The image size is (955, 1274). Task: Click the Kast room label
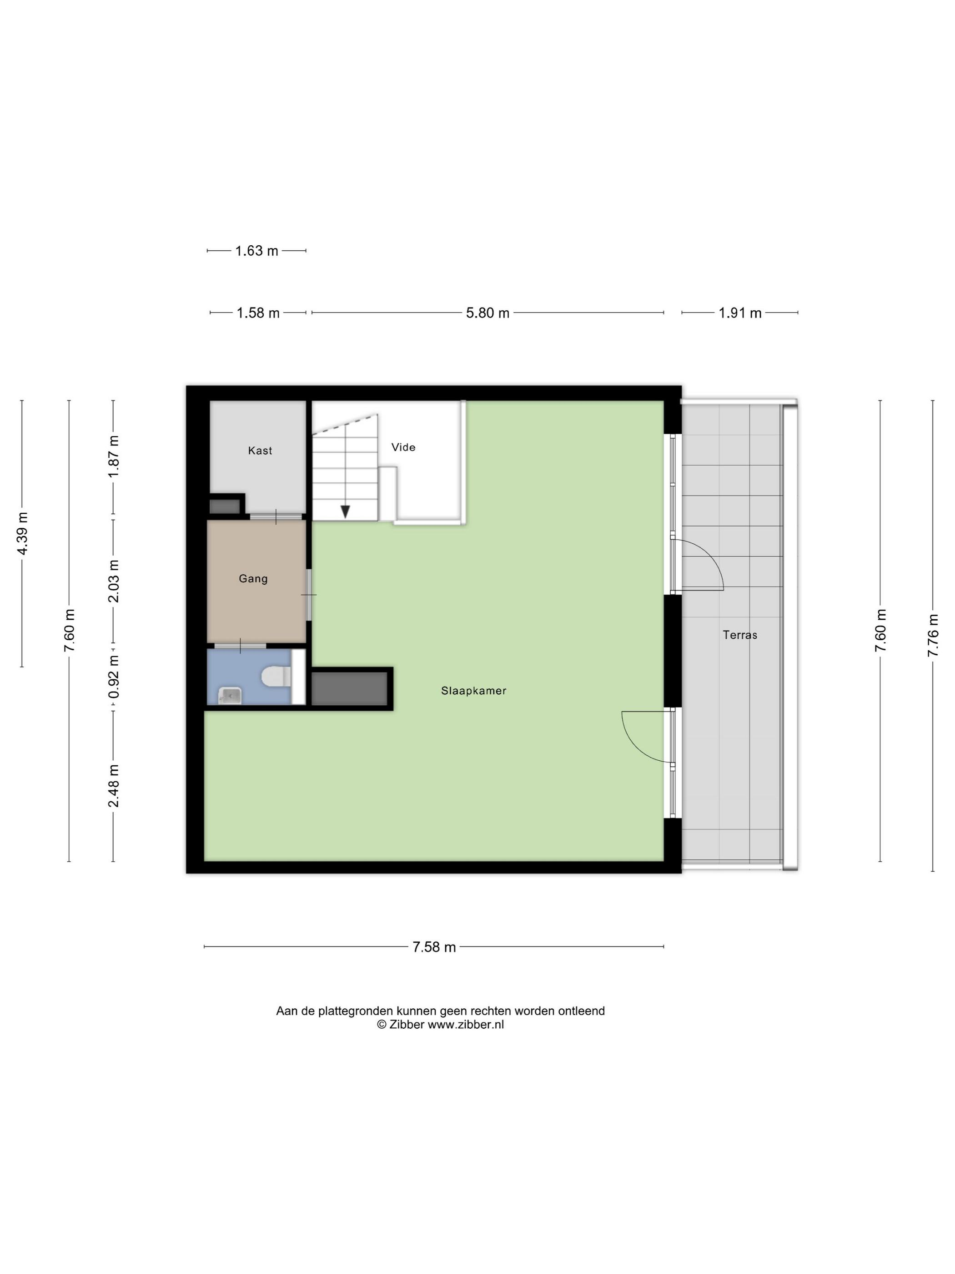[260, 450]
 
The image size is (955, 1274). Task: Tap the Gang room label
[253, 578]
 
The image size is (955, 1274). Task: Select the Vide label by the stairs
[403, 447]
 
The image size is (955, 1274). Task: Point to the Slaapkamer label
[474, 691]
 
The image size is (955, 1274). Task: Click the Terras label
[740, 635]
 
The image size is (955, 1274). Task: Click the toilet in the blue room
[276, 677]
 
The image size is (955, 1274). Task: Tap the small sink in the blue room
[230, 696]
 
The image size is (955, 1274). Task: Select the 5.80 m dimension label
[488, 313]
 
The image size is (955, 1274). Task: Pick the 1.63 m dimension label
[257, 251]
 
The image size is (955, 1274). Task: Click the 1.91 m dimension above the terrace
[740, 313]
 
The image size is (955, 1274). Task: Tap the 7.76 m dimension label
[933, 635]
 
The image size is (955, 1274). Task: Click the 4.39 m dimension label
[22, 533]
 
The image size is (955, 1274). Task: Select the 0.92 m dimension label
[113, 677]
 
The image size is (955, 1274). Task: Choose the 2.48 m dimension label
[113, 786]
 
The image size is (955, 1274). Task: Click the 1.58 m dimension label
[258, 313]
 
